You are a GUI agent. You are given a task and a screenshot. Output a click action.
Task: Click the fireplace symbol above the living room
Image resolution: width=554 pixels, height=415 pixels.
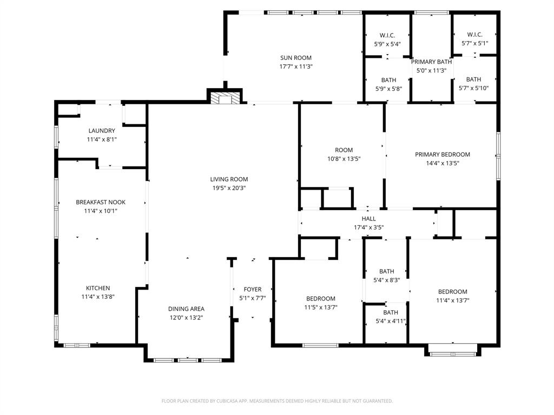[221, 98]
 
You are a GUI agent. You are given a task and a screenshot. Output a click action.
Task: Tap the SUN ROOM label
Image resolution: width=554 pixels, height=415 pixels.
[295, 58]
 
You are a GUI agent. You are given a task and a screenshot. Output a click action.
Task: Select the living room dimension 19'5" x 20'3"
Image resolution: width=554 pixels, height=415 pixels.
[229, 188]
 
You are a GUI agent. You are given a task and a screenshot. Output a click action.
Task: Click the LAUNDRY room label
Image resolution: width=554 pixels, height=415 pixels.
[102, 131]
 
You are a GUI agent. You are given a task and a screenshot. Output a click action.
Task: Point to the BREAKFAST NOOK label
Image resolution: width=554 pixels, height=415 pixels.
[100, 203]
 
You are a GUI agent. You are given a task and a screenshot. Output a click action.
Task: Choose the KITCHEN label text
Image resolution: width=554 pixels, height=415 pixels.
[98, 288]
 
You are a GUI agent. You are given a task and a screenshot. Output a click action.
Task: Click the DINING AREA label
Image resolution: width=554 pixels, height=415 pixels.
[186, 309]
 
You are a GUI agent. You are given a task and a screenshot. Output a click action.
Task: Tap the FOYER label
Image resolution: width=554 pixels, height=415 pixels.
[252, 290]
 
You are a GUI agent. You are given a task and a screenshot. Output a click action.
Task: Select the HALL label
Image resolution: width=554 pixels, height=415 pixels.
[368, 219]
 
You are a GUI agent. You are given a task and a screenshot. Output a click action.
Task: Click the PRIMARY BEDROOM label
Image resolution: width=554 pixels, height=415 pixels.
[442, 155]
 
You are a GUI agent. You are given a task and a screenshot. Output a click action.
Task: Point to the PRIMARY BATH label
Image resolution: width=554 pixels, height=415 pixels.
[431, 62]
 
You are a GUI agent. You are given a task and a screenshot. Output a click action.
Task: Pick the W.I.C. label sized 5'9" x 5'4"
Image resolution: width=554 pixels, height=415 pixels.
[387, 36]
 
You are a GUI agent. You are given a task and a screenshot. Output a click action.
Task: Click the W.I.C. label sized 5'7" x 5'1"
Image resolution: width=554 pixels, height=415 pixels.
[474, 35]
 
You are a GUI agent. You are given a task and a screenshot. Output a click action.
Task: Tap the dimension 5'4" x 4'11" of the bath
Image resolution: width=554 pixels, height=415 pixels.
[391, 321]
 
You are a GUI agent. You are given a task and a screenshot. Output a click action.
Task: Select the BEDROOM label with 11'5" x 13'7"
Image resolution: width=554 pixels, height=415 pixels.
[320, 299]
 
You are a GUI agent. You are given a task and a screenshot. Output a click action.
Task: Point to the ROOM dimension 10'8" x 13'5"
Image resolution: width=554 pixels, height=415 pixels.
[344, 159]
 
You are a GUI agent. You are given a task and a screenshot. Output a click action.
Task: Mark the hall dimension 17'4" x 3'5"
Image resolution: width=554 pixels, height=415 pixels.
[368, 227]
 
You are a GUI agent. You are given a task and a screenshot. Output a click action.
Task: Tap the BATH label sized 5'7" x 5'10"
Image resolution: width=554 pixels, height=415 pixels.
[473, 79]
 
